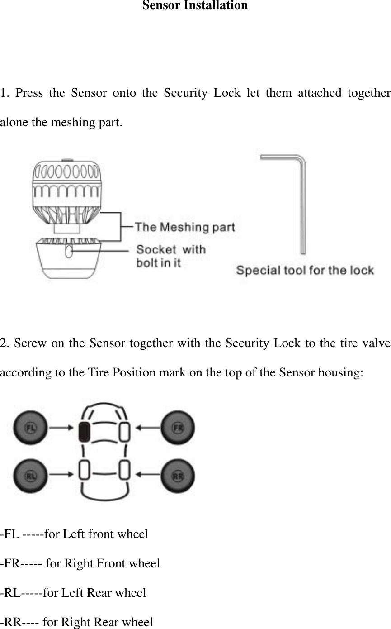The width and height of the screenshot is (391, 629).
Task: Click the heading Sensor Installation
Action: click(195, 6)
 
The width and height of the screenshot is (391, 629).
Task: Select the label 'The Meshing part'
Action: click(185, 227)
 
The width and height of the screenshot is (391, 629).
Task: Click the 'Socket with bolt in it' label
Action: click(171, 255)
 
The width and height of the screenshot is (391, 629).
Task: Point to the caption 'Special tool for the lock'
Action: click(305, 271)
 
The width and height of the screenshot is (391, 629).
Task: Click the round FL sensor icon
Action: click(31, 427)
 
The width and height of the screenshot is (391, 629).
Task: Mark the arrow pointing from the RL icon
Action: click(61, 474)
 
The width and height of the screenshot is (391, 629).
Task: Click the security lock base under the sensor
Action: click(68, 260)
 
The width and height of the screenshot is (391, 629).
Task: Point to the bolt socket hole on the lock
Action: click(69, 251)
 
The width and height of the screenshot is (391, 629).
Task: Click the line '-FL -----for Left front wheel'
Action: click(74, 534)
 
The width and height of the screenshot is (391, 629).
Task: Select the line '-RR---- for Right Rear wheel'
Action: click(76, 622)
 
